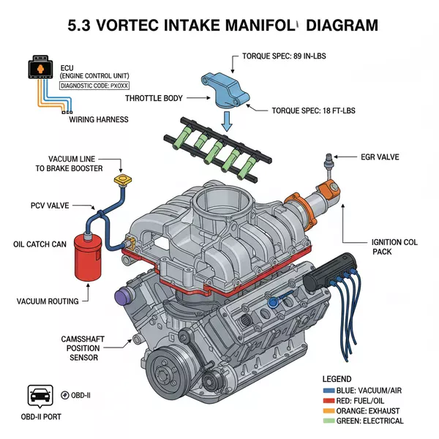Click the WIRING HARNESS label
click(98, 119)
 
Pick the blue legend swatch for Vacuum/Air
click(329, 390)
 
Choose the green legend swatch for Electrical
click(329, 421)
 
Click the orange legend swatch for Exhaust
click(329, 410)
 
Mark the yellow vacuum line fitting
click(121, 179)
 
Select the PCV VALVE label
click(50, 206)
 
